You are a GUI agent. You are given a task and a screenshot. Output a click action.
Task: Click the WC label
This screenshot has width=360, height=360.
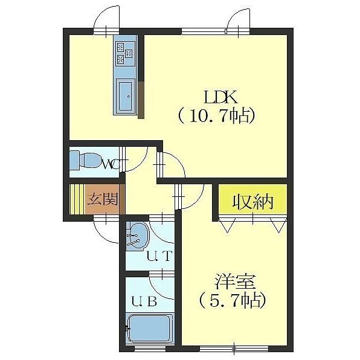click(x=111, y=163)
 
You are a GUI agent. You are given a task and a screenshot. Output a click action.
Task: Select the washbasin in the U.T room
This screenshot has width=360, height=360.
click(x=138, y=236)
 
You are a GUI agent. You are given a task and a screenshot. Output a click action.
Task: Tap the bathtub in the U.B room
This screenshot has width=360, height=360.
click(x=150, y=330)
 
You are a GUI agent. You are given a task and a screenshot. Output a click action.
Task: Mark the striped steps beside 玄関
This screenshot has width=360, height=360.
click(x=77, y=199)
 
